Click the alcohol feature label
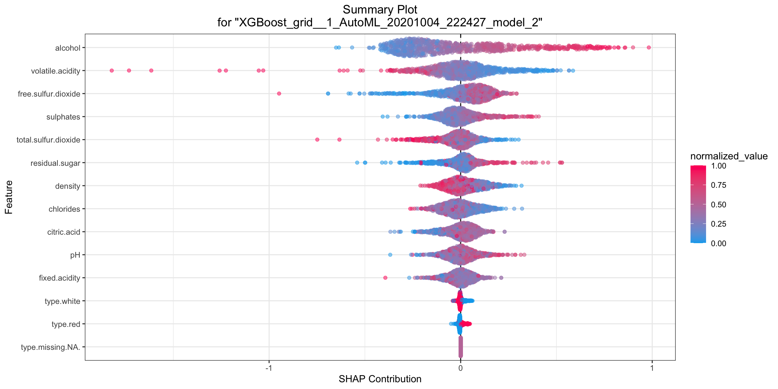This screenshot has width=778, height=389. (68, 48)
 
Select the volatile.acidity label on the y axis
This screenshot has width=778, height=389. (55, 71)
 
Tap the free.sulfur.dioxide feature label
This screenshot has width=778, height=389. (49, 94)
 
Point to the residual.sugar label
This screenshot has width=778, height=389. (55, 163)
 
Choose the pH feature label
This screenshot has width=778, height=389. (75, 255)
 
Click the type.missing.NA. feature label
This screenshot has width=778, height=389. (50, 347)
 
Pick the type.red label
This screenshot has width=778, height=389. (66, 324)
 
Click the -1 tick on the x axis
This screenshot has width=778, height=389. (268, 368)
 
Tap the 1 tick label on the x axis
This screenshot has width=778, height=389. (652, 368)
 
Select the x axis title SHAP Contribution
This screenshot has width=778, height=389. (380, 379)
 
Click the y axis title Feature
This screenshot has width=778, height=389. (9, 197)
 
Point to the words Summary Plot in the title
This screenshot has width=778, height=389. (380, 9)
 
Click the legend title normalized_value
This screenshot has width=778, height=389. (729, 156)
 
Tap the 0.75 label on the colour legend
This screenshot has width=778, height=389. (718, 185)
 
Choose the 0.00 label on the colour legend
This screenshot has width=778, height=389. (718, 243)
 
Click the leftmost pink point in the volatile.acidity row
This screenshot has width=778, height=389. (112, 71)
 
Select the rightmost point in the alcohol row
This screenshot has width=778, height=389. (649, 48)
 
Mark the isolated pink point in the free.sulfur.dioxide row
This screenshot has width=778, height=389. (279, 94)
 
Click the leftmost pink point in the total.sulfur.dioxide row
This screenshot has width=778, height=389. (317, 139)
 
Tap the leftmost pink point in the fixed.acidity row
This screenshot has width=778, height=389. (385, 278)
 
